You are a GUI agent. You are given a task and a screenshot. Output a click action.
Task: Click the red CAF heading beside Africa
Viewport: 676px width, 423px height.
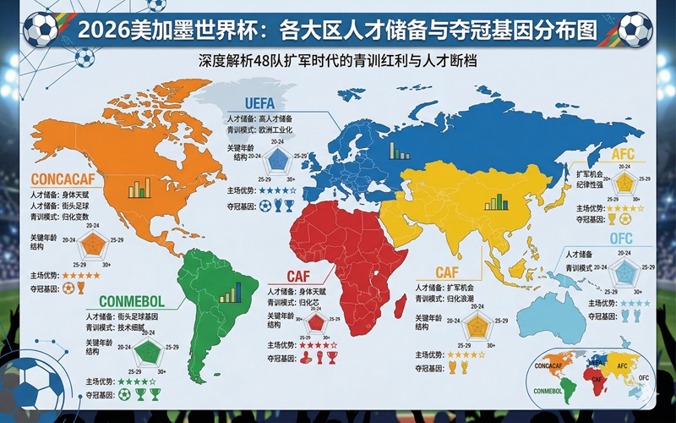pos(298,277)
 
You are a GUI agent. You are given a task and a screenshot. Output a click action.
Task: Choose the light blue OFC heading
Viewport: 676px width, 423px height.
pos(621,239)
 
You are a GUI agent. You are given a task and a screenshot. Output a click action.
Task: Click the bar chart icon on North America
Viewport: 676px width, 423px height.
pos(139,188)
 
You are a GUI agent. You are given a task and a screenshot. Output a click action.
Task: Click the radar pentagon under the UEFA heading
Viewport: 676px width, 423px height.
pos(275,160)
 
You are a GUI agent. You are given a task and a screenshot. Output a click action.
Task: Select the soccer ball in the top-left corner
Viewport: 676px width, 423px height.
pos(38,29)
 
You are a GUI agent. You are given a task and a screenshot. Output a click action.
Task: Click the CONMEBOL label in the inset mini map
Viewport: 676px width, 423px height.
pos(550,391)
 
